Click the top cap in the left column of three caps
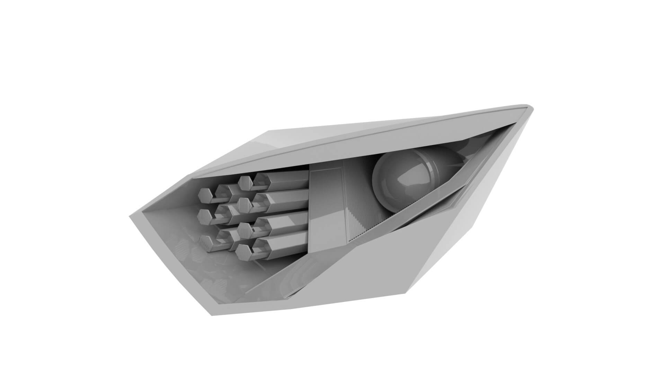tap(204, 196)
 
